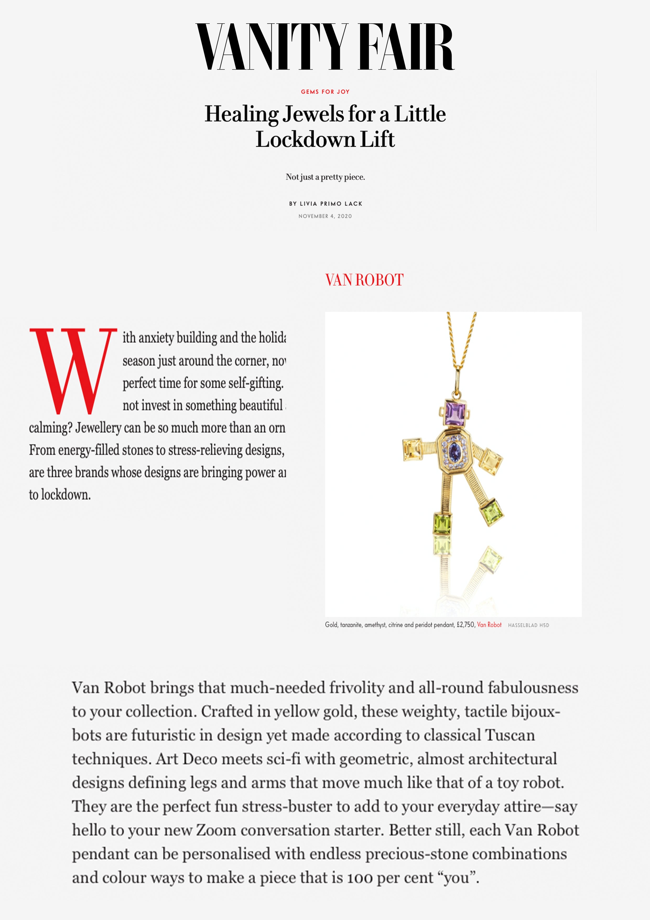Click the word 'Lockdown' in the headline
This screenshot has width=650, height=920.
click(x=306, y=140)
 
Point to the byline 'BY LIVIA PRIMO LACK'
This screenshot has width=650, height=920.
click(x=326, y=204)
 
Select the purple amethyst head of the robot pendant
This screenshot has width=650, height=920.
click(x=455, y=414)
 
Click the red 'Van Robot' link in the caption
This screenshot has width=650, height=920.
click(x=489, y=625)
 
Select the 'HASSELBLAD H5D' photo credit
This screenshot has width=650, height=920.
click(x=528, y=625)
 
